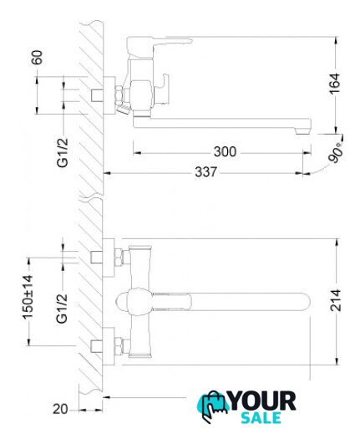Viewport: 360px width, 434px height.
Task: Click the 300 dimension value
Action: coord(225,151)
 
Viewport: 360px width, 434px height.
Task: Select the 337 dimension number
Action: coord(205,171)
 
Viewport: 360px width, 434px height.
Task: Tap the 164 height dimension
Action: coord(335,84)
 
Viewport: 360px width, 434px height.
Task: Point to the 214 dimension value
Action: coord(335,300)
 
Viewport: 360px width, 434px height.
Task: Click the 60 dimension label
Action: coord(38,57)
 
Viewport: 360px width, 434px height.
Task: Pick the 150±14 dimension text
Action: coord(28,297)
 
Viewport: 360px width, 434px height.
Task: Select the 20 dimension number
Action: coord(60,409)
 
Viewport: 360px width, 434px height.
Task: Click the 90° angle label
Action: coord(336,152)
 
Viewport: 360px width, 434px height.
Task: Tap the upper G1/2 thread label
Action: coord(63,152)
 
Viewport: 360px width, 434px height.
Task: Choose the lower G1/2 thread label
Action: coord(62,309)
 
